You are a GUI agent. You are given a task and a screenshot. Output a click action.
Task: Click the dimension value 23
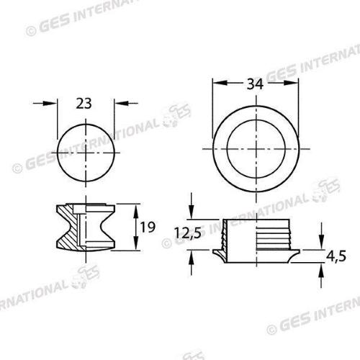(84, 103)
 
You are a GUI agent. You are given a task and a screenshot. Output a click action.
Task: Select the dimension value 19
(147, 228)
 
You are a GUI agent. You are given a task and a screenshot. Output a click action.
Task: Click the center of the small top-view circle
(86, 154)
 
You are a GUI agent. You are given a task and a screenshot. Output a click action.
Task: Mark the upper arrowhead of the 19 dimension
(135, 208)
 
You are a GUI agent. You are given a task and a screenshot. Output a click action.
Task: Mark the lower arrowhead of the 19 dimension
(135, 246)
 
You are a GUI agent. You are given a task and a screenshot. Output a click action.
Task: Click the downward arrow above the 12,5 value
(192, 213)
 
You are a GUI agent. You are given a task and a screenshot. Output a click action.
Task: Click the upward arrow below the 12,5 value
(192, 255)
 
